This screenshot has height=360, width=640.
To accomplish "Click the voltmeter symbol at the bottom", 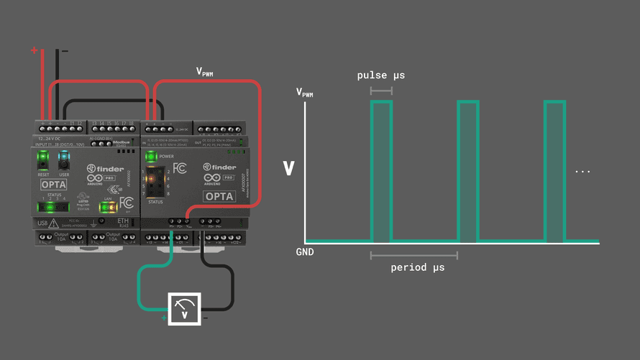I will click(186, 309).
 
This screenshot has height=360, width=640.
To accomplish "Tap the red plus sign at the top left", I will click(34, 50).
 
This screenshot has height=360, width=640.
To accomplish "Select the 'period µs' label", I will click(418, 267).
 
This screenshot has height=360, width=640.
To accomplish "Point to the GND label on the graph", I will click(305, 252).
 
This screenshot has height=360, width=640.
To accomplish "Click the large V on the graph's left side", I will click(289, 169).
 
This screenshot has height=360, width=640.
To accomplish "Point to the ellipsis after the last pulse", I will click(583, 172).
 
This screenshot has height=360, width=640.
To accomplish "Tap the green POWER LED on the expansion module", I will click(150, 156).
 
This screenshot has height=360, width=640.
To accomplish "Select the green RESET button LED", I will click(43, 157).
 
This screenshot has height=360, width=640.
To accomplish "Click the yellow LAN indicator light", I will click(106, 208).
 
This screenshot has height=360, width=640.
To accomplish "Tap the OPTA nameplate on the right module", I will click(219, 196).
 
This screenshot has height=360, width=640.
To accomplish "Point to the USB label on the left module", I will click(42, 223).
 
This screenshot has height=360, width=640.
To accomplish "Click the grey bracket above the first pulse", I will click(381, 91).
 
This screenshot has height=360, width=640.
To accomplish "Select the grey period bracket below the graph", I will click(414, 254).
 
